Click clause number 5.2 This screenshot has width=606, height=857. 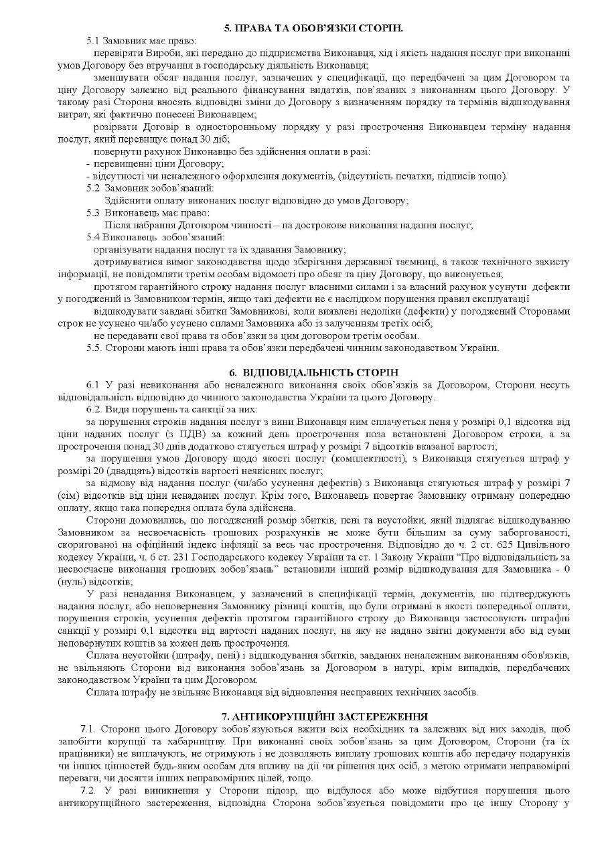tap(94, 188)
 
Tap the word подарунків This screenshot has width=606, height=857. tap(546, 753)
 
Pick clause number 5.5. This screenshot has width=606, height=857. tap(95, 347)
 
